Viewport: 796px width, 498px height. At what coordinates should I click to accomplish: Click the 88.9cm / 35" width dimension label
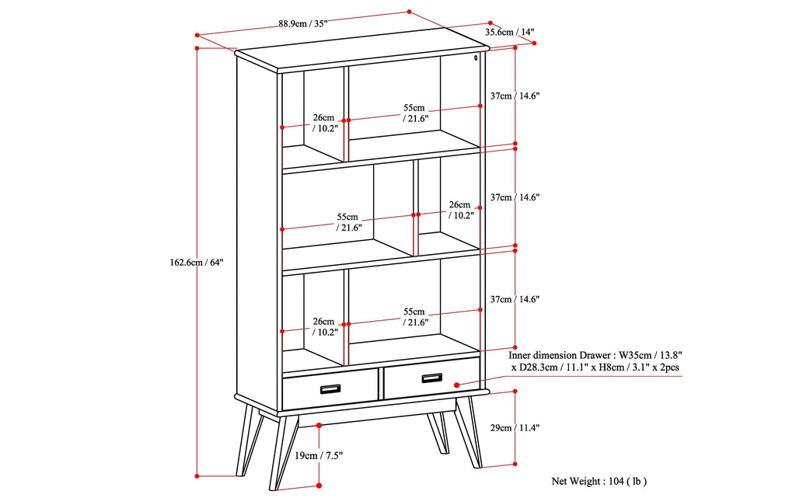(x=303, y=23)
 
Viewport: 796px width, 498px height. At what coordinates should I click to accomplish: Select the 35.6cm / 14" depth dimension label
(x=510, y=33)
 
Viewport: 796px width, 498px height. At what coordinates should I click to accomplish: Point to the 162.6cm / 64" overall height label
(x=197, y=263)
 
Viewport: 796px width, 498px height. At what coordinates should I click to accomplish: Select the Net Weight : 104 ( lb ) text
(x=599, y=481)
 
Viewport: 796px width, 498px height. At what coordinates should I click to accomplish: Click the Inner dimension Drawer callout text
(x=596, y=360)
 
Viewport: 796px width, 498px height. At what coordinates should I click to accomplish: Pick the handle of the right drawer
(x=432, y=378)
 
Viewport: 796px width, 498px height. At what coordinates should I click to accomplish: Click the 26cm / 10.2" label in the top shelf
(x=324, y=124)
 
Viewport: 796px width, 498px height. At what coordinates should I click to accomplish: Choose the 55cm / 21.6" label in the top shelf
(x=414, y=113)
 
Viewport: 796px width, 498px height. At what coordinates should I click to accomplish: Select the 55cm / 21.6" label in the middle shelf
(x=347, y=222)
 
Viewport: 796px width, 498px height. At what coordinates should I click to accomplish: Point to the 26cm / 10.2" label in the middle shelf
(x=459, y=211)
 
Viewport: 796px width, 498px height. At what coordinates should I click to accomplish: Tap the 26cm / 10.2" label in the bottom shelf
(x=324, y=326)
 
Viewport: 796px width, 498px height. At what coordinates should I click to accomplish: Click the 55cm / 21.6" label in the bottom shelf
(x=414, y=316)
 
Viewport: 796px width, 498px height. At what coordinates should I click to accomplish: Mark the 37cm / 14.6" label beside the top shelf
(x=515, y=96)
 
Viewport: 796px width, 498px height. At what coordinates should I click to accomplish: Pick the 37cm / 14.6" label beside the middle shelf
(x=515, y=198)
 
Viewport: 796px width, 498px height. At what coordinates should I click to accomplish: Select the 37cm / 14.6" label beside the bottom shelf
(x=515, y=299)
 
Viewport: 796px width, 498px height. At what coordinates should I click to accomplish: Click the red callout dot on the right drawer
(x=456, y=385)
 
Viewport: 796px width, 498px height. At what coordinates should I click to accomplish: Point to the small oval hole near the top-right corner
(x=475, y=57)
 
